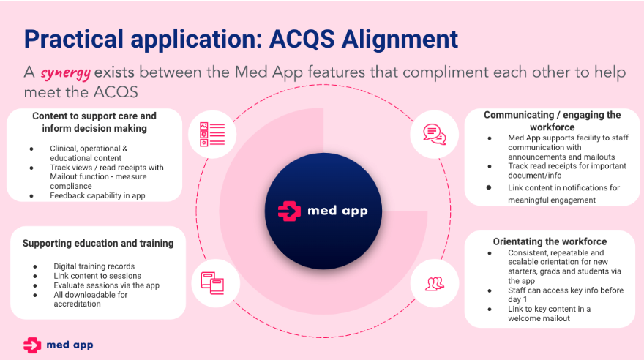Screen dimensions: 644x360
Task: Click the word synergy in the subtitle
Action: tap(65, 73)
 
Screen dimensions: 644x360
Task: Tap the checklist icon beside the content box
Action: tap(212, 134)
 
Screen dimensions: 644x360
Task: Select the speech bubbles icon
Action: tap(435, 134)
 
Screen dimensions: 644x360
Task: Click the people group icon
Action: tap(435, 284)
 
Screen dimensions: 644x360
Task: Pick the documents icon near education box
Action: tap(212, 283)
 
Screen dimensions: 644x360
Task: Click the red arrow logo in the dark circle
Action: tap(289, 211)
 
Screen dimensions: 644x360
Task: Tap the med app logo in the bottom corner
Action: tap(59, 345)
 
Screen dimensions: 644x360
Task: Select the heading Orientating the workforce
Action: tap(550, 241)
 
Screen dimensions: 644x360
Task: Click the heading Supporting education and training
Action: tap(98, 244)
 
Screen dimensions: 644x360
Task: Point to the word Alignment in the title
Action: tap(400, 39)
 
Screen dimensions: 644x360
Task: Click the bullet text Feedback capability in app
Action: tap(97, 196)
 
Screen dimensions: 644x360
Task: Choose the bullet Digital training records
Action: tap(94, 266)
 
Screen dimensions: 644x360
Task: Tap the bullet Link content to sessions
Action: tap(97, 276)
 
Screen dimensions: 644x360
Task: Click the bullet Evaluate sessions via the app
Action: tap(106, 285)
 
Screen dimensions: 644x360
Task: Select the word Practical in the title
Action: tap(74, 39)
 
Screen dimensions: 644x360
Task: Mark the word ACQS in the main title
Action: tap(302, 39)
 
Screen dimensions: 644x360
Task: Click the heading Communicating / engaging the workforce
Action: tap(552, 121)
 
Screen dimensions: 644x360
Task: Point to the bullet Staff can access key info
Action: tap(566, 295)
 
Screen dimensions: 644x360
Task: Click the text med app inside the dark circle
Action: tap(337, 211)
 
